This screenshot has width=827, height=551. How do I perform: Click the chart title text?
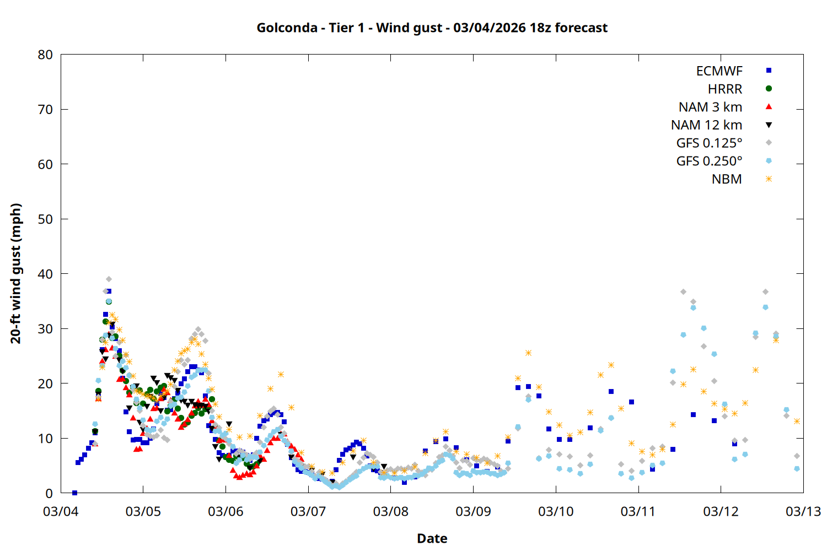point(432,28)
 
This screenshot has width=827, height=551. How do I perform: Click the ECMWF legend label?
point(719,71)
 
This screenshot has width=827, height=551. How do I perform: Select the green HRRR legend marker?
point(769,89)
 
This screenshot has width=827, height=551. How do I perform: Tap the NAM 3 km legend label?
point(710,107)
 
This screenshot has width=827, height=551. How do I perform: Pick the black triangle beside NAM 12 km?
point(769,125)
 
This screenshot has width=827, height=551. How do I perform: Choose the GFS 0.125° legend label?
point(709,143)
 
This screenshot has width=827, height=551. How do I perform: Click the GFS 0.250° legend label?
point(709,161)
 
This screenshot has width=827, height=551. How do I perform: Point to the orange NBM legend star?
point(769,179)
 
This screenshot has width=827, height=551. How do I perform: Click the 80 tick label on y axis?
point(45,55)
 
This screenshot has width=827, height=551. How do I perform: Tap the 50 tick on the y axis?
point(45,219)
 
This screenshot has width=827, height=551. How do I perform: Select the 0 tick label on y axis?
point(49,493)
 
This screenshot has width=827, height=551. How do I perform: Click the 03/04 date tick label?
point(61,511)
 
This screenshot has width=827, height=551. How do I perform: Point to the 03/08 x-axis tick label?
point(390,511)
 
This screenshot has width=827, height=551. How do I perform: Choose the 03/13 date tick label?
point(803,511)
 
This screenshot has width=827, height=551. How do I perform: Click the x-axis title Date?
point(432,538)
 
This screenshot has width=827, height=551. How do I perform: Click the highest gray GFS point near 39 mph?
point(109,279)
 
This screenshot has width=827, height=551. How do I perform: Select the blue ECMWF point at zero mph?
point(74,493)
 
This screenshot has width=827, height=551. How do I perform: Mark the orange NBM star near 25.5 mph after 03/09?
point(528,353)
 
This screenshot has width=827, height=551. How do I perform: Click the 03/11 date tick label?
point(638,511)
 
